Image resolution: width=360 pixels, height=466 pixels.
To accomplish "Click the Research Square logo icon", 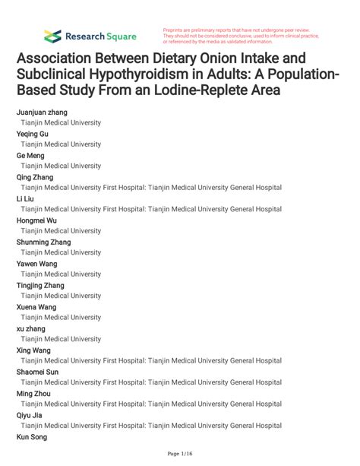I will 52,35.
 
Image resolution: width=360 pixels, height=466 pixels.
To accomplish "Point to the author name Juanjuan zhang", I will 42,112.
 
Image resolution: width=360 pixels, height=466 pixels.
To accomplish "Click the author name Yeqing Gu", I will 33,134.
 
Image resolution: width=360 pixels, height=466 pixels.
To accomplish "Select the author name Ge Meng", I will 30,155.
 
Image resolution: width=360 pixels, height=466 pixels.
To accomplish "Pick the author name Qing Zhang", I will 35,177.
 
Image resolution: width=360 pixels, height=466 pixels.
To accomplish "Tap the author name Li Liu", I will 25,198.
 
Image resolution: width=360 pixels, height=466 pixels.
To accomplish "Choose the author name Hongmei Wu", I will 36,220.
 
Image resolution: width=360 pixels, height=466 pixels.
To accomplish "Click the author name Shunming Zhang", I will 43,242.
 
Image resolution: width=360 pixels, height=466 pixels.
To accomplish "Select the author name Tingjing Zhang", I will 40,285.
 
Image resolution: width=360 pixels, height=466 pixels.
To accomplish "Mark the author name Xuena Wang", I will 36,307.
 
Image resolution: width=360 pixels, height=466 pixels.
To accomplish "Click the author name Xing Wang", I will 34,350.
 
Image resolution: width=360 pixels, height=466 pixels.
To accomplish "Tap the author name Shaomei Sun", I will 37,372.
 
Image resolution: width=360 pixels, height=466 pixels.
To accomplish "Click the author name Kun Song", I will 32,437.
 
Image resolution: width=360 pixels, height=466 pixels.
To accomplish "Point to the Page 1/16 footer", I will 179,454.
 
